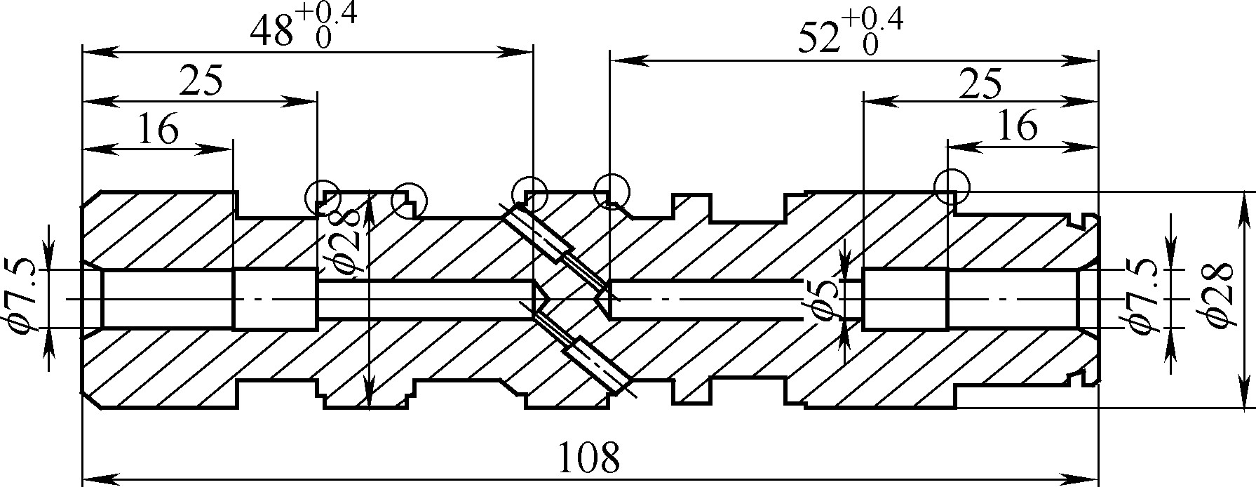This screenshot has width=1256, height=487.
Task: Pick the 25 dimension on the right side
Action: click(980, 85)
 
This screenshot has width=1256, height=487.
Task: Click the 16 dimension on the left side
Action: click(158, 130)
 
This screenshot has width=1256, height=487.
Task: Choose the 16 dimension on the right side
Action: click(1016, 128)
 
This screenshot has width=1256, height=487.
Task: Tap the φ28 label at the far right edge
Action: click(1221, 295)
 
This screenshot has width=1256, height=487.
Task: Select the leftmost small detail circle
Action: click(323, 197)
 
